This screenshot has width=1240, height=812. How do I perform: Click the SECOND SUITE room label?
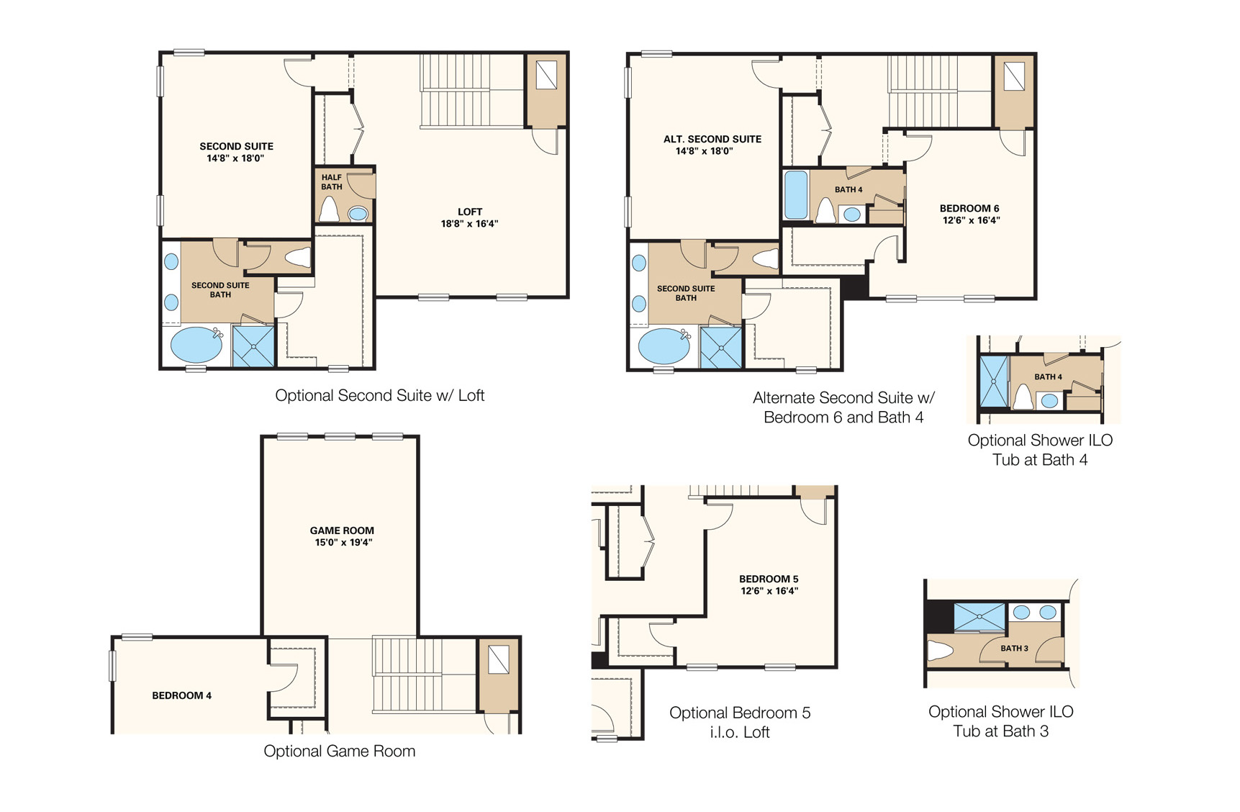tap(236, 152)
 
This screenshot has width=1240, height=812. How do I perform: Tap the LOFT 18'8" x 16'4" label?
tap(469, 217)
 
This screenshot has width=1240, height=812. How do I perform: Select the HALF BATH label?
tap(331, 182)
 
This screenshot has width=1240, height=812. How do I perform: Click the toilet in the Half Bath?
tap(329, 209)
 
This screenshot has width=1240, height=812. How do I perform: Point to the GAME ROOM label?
tap(342, 536)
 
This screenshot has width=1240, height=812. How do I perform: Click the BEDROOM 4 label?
tap(181, 695)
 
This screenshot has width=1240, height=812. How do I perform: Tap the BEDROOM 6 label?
tap(969, 214)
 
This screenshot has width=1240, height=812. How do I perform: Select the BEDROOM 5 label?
tap(769, 585)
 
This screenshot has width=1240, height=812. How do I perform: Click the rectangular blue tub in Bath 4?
tap(795, 194)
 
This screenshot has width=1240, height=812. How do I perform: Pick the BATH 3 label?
tap(1014, 648)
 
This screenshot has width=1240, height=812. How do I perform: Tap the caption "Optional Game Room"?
tap(339, 751)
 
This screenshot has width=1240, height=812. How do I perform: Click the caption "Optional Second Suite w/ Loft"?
tap(379, 395)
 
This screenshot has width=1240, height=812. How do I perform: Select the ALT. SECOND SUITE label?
tap(712, 145)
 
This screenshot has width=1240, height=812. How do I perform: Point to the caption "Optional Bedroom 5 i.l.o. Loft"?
tap(739, 722)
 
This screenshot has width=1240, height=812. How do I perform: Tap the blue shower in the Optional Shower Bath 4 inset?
tap(993, 381)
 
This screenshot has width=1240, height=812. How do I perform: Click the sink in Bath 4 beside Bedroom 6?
tap(852, 214)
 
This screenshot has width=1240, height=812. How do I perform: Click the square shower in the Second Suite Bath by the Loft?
tap(253, 346)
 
